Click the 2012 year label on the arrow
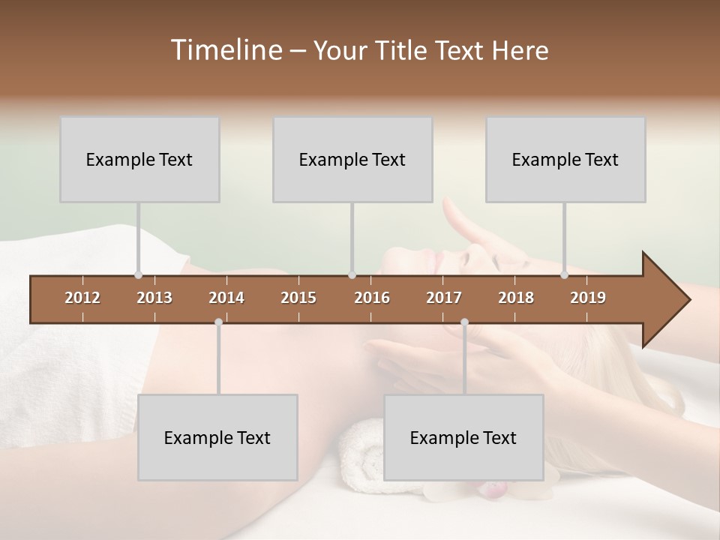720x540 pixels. [82, 298]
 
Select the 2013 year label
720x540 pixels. [154, 298]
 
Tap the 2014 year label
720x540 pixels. [226, 298]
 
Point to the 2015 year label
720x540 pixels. [298, 298]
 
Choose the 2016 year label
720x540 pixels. [372, 298]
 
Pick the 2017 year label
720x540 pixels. [444, 298]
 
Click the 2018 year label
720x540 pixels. [516, 298]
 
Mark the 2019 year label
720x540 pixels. [588, 298]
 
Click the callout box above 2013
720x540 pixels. [139, 159]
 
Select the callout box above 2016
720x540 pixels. [352, 159]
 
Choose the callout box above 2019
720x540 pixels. [565, 159]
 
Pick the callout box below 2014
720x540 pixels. [217, 437]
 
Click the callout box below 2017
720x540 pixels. [463, 437]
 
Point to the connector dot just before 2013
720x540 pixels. [139, 275]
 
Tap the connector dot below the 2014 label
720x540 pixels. [218, 322]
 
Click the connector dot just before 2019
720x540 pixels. [565, 275]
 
